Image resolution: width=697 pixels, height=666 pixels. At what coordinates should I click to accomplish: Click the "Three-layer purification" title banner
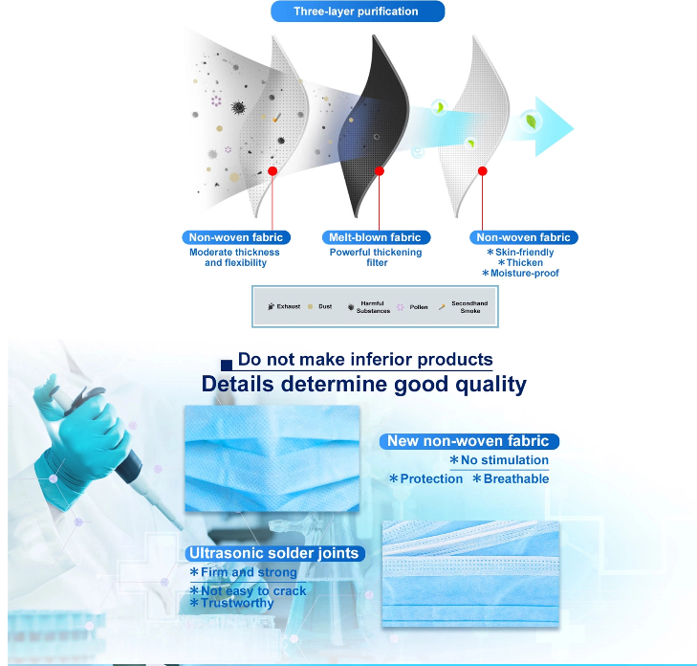358,11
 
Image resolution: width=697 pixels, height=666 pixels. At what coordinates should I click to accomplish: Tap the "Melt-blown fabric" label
376,237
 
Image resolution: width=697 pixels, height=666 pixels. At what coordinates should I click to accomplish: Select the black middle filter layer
374,126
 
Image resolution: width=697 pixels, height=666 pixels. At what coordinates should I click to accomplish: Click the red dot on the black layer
380,171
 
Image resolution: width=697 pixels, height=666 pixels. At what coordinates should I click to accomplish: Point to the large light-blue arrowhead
553,127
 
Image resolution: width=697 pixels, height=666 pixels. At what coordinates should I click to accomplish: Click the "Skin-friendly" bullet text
520,253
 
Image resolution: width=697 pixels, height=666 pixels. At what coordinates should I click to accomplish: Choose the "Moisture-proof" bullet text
520,273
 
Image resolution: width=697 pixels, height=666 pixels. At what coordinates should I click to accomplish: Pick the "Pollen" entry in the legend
412,307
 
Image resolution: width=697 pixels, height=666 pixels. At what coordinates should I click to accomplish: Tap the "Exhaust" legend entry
284,306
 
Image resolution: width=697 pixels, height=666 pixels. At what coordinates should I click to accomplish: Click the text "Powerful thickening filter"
376,257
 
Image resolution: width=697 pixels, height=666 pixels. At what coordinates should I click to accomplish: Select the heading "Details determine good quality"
364,384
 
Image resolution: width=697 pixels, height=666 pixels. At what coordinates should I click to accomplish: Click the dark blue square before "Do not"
227,366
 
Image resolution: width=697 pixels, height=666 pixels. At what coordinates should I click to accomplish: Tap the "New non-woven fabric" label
468,441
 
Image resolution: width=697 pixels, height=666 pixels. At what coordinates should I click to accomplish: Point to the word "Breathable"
516,478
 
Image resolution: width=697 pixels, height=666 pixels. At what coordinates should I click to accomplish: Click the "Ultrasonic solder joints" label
274,553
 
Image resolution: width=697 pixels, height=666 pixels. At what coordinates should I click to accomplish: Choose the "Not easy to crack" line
248,590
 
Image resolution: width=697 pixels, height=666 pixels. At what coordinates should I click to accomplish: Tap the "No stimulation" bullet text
499,460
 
